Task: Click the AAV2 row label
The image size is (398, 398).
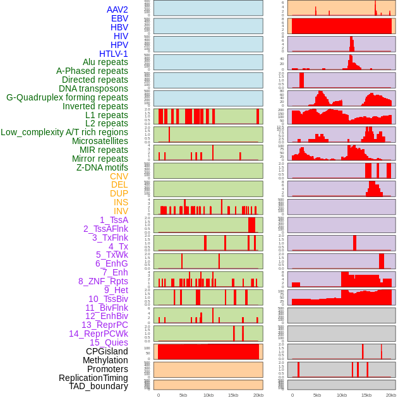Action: pos(118,9)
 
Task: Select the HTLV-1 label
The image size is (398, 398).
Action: pos(114,54)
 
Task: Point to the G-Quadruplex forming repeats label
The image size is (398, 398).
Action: pos(67,97)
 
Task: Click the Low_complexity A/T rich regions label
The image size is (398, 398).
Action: pos(64,132)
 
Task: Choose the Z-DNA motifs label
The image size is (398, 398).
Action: pos(102,167)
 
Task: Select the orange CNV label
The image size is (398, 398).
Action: pos(119,176)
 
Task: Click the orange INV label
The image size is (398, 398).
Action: pos(121,211)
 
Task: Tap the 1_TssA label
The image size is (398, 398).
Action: pos(114,220)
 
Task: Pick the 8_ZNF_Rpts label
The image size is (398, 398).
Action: pos(103,281)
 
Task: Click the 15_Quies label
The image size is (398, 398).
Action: pos(107,342)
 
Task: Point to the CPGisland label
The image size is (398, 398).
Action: pos(107,351)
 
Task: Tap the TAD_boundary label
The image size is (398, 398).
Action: pos(99,386)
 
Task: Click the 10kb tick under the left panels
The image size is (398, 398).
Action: pos(208,395)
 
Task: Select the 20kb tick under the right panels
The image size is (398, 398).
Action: pos(391,395)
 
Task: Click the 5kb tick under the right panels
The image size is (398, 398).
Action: pos(317,395)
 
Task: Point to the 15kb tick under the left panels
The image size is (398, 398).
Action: pos(233,395)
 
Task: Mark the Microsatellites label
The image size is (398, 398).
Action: pos(100,141)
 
